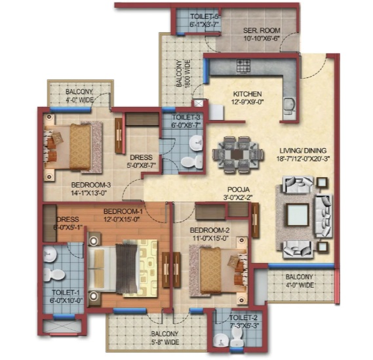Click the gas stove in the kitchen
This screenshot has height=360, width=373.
(x=243, y=66)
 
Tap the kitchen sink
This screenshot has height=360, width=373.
(x=290, y=106)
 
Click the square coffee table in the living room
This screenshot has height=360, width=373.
(x=298, y=214)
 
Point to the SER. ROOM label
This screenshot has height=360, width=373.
(x=262, y=30)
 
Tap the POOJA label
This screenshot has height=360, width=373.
(x=239, y=190)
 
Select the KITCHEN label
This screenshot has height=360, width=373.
(x=247, y=94)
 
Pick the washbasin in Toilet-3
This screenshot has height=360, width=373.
(x=196, y=144)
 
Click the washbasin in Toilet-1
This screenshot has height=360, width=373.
(x=50, y=254)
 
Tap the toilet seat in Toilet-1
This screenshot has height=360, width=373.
(x=54, y=275)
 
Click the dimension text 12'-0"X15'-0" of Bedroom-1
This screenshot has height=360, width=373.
(x=121, y=218)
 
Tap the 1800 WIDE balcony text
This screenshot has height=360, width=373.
(x=187, y=74)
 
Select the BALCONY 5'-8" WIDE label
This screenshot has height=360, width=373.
(x=165, y=338)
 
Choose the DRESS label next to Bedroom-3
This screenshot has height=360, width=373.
(x=141, y=157)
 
